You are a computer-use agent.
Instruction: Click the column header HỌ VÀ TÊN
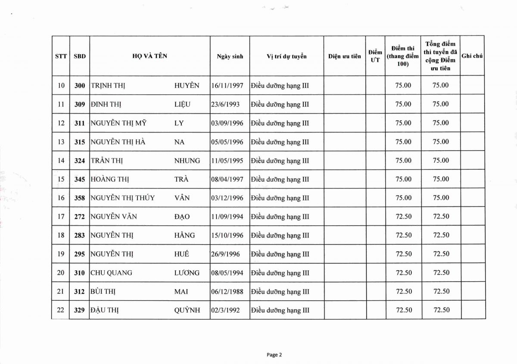[149, 56]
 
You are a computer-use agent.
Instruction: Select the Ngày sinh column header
[230, 56]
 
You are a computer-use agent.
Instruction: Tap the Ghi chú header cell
[472, 56]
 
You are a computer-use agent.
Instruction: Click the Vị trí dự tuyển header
[287, 56]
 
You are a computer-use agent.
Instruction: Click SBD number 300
[80, 86]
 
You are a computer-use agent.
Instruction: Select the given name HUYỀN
[187, 86]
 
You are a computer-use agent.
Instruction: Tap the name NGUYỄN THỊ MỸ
[118, 123]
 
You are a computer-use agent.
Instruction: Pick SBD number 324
[80, 160]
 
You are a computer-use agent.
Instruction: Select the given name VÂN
[182, 198]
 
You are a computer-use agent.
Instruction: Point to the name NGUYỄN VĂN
[114, 217]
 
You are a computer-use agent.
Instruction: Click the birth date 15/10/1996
[227, 235]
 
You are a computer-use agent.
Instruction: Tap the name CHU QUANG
[112, 273]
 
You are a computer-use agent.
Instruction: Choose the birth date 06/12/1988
[227, 292]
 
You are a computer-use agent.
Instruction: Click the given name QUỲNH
[187, 310]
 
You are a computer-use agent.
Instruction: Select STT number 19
[61, 254]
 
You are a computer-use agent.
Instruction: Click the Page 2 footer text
[274, 355]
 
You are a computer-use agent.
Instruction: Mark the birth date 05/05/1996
[227, 142]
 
